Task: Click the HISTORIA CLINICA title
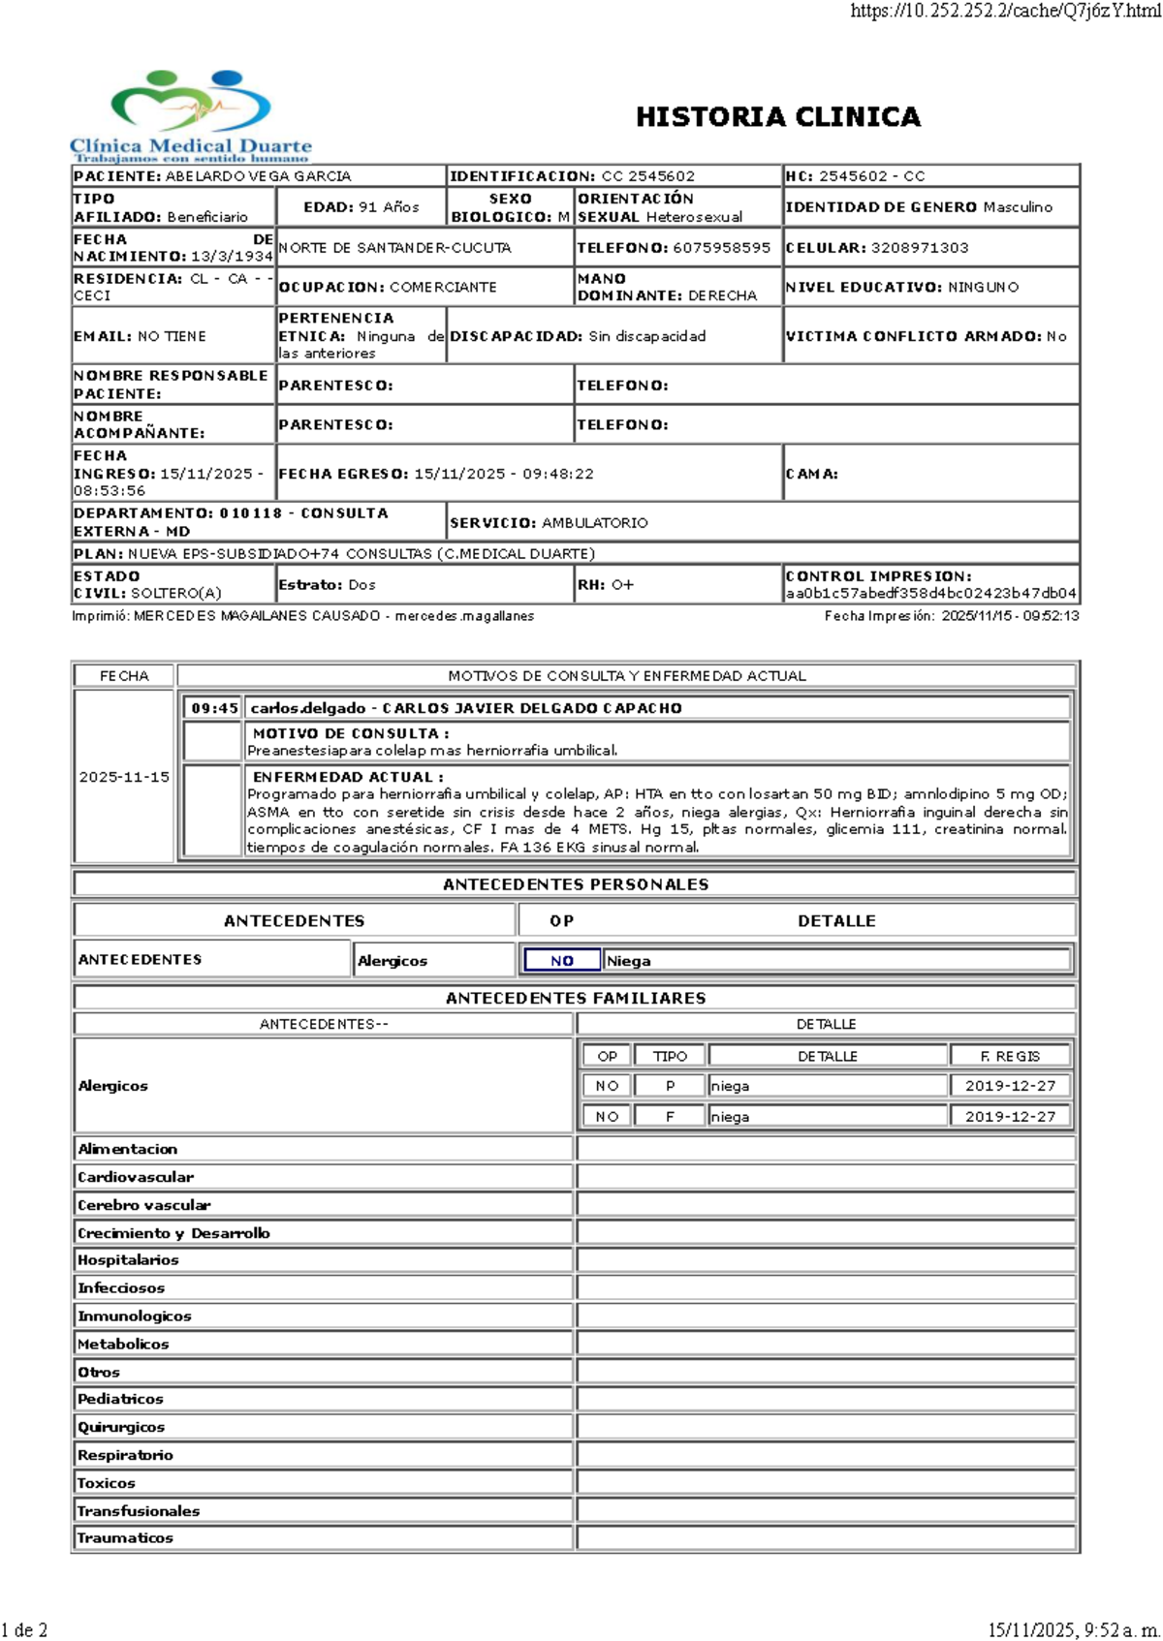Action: point(777,117)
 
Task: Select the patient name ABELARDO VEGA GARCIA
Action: point(258,176)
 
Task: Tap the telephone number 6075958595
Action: point(721,248)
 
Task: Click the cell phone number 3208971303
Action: point(919,248)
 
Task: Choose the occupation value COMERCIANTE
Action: point(443,288)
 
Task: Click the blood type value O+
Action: point(621,585)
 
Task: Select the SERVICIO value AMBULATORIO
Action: point(594,523)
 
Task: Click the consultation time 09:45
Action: point(214,708)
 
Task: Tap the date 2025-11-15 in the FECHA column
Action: point(124,777)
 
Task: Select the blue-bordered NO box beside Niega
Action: point(561,961)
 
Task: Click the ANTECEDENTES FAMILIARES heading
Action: point(576,998)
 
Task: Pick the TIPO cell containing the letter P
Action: point(670,1086)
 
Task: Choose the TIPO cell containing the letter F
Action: point(670,1117)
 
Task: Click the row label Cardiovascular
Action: point(136,1177)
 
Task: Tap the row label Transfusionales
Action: point(139,1511)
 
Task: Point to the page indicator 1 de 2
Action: point(25,1629)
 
